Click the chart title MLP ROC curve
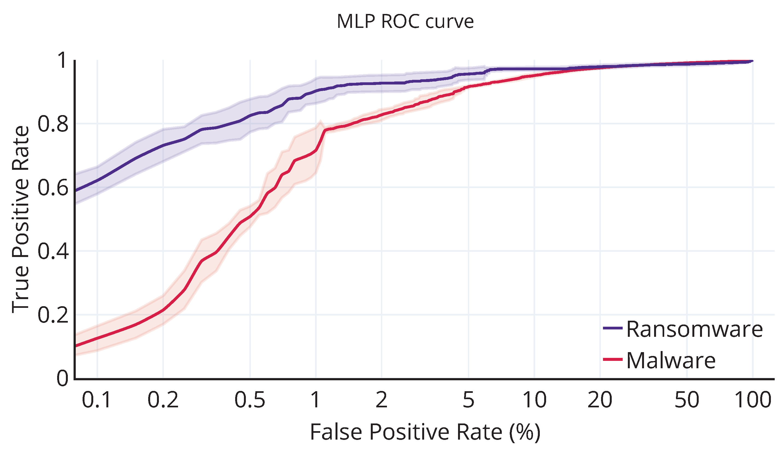pyautogui.click(x=405, y=22)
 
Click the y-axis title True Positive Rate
pyautogui.click(x=21, y=220)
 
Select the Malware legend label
pyautogui.click(x=671, y=360)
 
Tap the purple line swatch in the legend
pyautogui.click(x=613, y=328)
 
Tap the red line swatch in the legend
pyautogui.click(x=613, y=359)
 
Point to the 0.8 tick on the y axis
pyautogui.click(x=53, y=124)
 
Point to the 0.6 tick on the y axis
pyautogui.click(x=53, y=188)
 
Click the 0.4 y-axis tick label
pyautogui.click(x=53, y=251)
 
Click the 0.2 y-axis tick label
pyautogui.click(x=53, y=315)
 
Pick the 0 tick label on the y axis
pyautogui.click(x=62, y=378)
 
